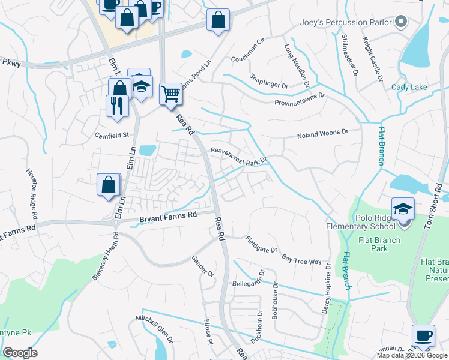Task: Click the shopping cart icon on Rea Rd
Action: pos(171,94)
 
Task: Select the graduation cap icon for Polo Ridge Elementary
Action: pos(403,209)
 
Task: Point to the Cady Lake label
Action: pos(409,87)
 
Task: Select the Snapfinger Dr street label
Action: pos(268,82)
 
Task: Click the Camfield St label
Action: pos(112,135)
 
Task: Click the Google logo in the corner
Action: pos(20,352)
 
